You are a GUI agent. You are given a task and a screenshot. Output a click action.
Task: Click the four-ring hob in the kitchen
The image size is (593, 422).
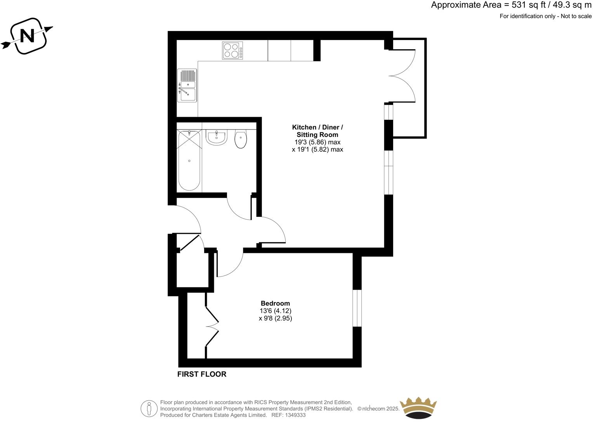[232, 50]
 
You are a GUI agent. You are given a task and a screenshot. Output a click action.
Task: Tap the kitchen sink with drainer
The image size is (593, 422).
[187, 85]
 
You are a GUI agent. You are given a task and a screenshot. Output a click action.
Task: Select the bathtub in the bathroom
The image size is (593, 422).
[189, 161]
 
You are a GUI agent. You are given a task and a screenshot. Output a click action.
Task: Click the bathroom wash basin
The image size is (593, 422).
[216, 138]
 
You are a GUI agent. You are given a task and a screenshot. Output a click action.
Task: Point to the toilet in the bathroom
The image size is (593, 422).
[241, 139]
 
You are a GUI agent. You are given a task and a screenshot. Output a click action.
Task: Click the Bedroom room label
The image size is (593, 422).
[275, 303]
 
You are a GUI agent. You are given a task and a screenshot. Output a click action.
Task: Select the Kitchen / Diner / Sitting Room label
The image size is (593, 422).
[317, 131]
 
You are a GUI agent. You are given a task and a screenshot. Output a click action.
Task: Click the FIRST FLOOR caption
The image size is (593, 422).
[201, 374]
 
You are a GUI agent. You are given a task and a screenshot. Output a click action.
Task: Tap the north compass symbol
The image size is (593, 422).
[27, 36]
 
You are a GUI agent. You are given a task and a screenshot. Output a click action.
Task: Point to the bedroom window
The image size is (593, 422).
[357, 308]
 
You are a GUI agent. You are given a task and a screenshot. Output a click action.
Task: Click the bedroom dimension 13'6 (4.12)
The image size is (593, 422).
[275, 311]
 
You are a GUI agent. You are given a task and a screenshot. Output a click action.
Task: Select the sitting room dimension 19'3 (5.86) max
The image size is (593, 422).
[317, 142]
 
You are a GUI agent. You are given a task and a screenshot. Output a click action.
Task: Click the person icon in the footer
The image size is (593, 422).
[149, 408]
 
